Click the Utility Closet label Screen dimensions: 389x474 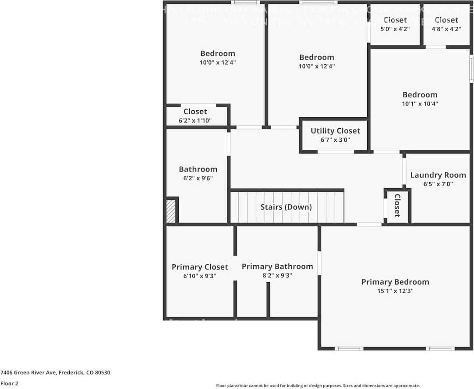(335, 131)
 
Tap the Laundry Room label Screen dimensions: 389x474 (438, 175)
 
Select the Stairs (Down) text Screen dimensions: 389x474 (286, 207)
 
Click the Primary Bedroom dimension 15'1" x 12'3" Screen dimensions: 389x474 (395, 291)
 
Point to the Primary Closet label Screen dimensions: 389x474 (200, 267)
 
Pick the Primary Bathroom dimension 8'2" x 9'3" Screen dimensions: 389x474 (277, 276)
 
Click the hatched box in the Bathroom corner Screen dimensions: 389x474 (171, 211)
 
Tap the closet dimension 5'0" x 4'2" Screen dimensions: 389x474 (395, 29)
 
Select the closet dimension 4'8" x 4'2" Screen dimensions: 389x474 (446, 29)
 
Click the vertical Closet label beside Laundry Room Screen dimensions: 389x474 (397, 206)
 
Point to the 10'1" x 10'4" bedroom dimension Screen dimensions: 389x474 (420, 104)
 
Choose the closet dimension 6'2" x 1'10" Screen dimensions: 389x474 (195, 120)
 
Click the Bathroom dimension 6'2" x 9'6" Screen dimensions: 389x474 (198, 178)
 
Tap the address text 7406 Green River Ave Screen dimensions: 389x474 (55, 373)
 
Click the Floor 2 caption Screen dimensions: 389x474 (9, 383)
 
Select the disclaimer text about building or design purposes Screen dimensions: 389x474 (318, 385)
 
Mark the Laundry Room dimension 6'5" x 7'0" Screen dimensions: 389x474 (438, 184)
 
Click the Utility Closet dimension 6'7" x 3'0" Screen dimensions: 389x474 (335, 140)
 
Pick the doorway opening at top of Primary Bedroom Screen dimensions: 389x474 (369, 224)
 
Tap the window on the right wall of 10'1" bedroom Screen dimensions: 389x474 (471, 69)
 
